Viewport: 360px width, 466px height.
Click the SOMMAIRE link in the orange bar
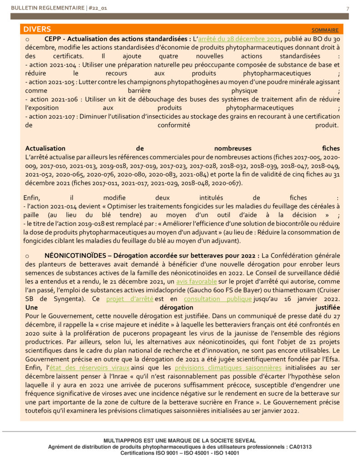click(x=325, y=30)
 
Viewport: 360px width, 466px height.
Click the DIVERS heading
click(x=37, y=30)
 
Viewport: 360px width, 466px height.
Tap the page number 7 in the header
click(x=348, y=9)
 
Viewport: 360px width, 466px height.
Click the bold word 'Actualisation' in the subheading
click(x=46, y=148)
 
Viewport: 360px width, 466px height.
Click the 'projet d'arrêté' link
click(x=130, y=299)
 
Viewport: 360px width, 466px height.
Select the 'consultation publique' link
click(x=218, y=299)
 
